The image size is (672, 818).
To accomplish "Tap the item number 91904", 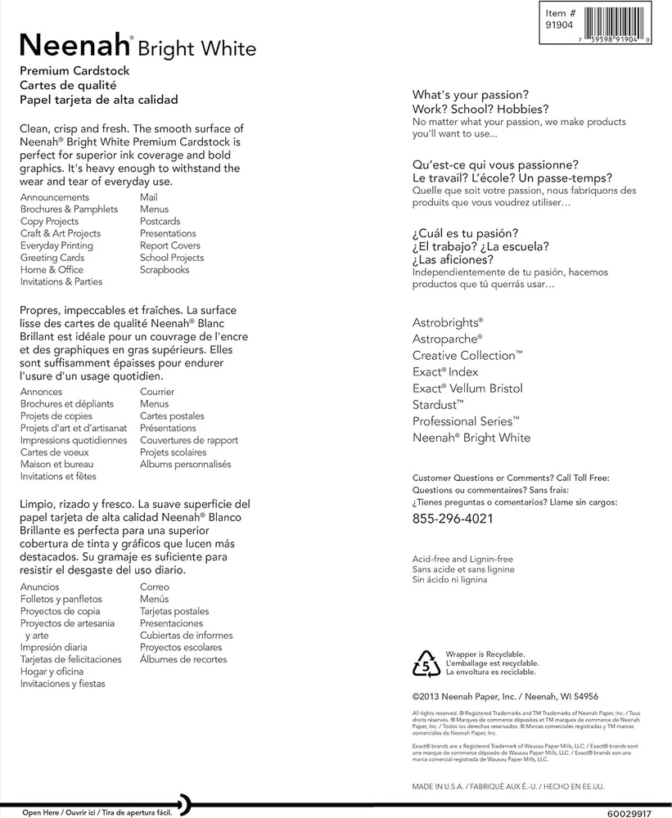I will point(561,25).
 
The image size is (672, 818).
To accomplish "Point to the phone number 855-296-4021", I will point(453,519).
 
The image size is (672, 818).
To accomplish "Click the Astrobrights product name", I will point(447,323).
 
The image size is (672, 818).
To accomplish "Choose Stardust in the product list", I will point(438,405).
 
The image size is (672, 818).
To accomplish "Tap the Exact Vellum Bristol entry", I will point(467,389).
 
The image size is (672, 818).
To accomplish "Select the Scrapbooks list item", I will point(165,270).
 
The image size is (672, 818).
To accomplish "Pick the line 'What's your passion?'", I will point(470,94).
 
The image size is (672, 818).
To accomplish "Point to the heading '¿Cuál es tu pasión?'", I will point(465,233).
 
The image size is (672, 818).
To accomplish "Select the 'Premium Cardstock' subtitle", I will point(74,71).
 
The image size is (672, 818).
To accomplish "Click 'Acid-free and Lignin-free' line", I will point(463,559).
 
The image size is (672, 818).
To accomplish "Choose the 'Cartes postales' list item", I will point(172,416).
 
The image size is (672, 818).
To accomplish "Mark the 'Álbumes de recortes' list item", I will point(183,659).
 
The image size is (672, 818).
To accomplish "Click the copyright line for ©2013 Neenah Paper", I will point(505,698).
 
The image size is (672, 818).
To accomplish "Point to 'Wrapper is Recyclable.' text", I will point(485,654).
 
